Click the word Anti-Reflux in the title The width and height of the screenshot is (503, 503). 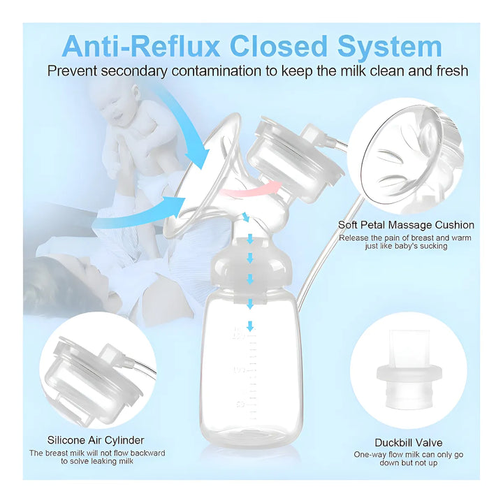140,47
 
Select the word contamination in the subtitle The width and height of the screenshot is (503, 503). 216,71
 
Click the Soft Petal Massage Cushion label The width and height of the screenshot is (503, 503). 406,225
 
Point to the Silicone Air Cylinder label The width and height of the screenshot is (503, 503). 96,440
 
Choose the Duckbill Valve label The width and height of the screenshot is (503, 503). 409,443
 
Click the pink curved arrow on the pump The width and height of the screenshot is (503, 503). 250,189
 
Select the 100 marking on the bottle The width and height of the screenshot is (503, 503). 239,370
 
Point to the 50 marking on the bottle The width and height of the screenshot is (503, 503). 240,404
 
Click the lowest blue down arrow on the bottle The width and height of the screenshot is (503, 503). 250,326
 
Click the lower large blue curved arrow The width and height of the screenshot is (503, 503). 141,213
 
